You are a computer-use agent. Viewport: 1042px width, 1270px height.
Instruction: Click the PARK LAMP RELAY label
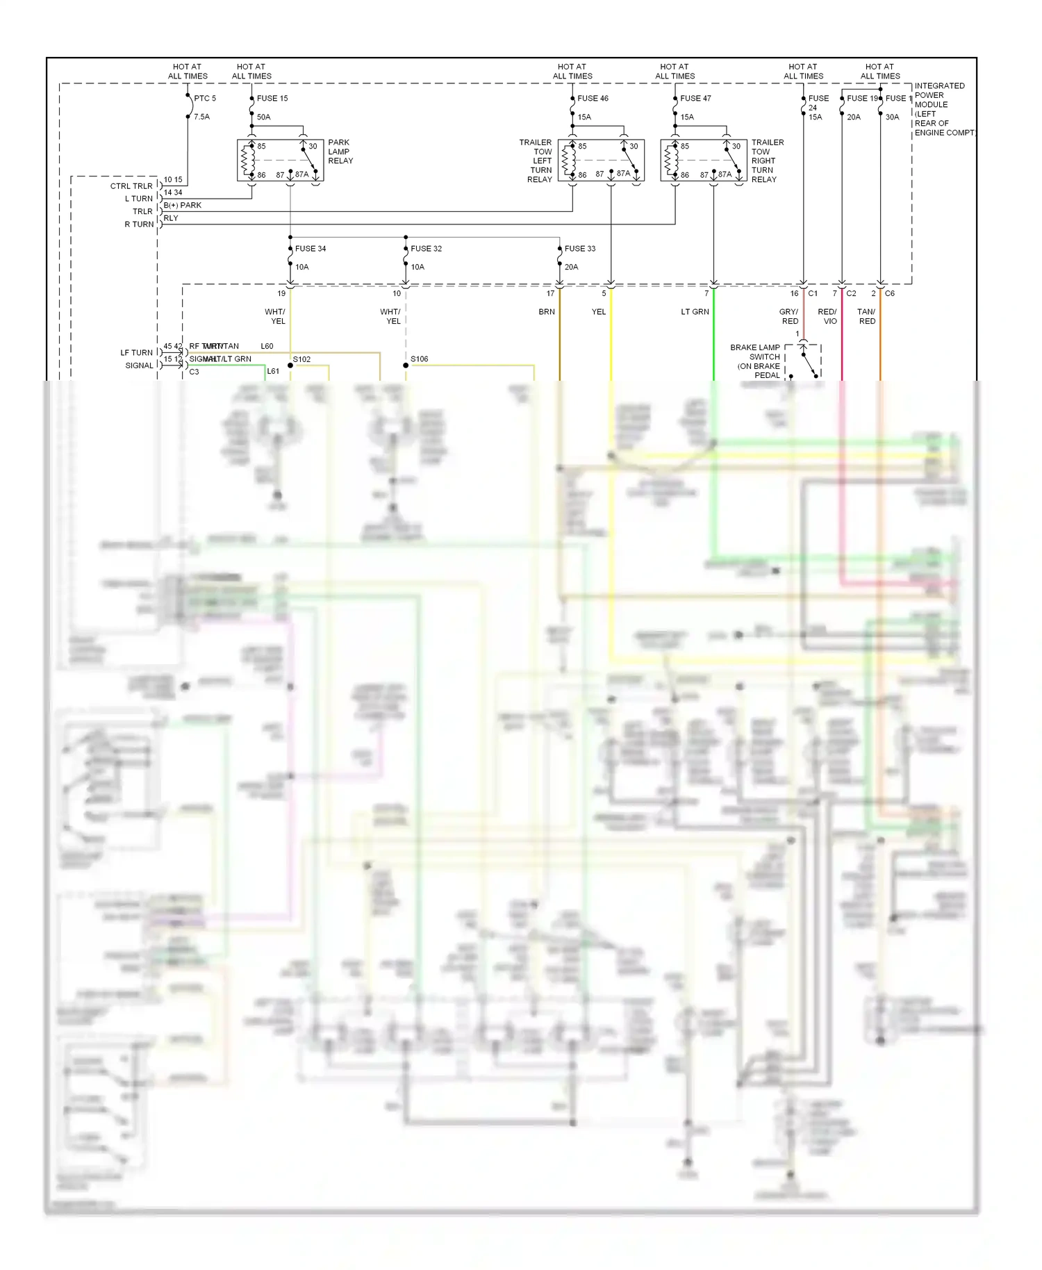click(340, 151)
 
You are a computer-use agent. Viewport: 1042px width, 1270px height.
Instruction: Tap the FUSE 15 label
click(272, 99)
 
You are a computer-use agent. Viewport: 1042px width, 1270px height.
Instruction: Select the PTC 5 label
click(205, 99)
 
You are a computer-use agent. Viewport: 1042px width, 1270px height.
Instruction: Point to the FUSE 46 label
click(593, 99)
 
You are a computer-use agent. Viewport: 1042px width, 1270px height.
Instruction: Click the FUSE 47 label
click(695, 99)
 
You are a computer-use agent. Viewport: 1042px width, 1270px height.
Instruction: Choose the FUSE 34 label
click(311, 249)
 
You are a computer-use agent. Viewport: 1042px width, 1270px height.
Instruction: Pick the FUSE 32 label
click(426, 249)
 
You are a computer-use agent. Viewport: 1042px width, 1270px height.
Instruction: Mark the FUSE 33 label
click(580, 249)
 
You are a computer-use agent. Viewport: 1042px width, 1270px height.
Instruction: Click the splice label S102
click(301, 360)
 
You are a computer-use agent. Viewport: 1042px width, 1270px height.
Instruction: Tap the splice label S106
click(420, 359)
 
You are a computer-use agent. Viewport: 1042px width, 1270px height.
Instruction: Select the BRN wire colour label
click(547, 312)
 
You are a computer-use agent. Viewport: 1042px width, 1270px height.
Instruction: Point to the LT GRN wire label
click(695, 312)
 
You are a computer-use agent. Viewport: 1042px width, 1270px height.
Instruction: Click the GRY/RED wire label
click(789, 317)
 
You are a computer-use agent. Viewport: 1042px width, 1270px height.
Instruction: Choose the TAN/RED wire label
click(866, 317)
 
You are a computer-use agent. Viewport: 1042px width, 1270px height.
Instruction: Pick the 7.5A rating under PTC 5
click(201, 117)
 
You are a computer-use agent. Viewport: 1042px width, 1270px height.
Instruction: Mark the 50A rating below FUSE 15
click(264, 117)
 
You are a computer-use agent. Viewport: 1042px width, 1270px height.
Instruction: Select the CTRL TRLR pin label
click(131, 186)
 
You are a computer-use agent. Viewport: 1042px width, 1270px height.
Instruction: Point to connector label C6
click(890, 294)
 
